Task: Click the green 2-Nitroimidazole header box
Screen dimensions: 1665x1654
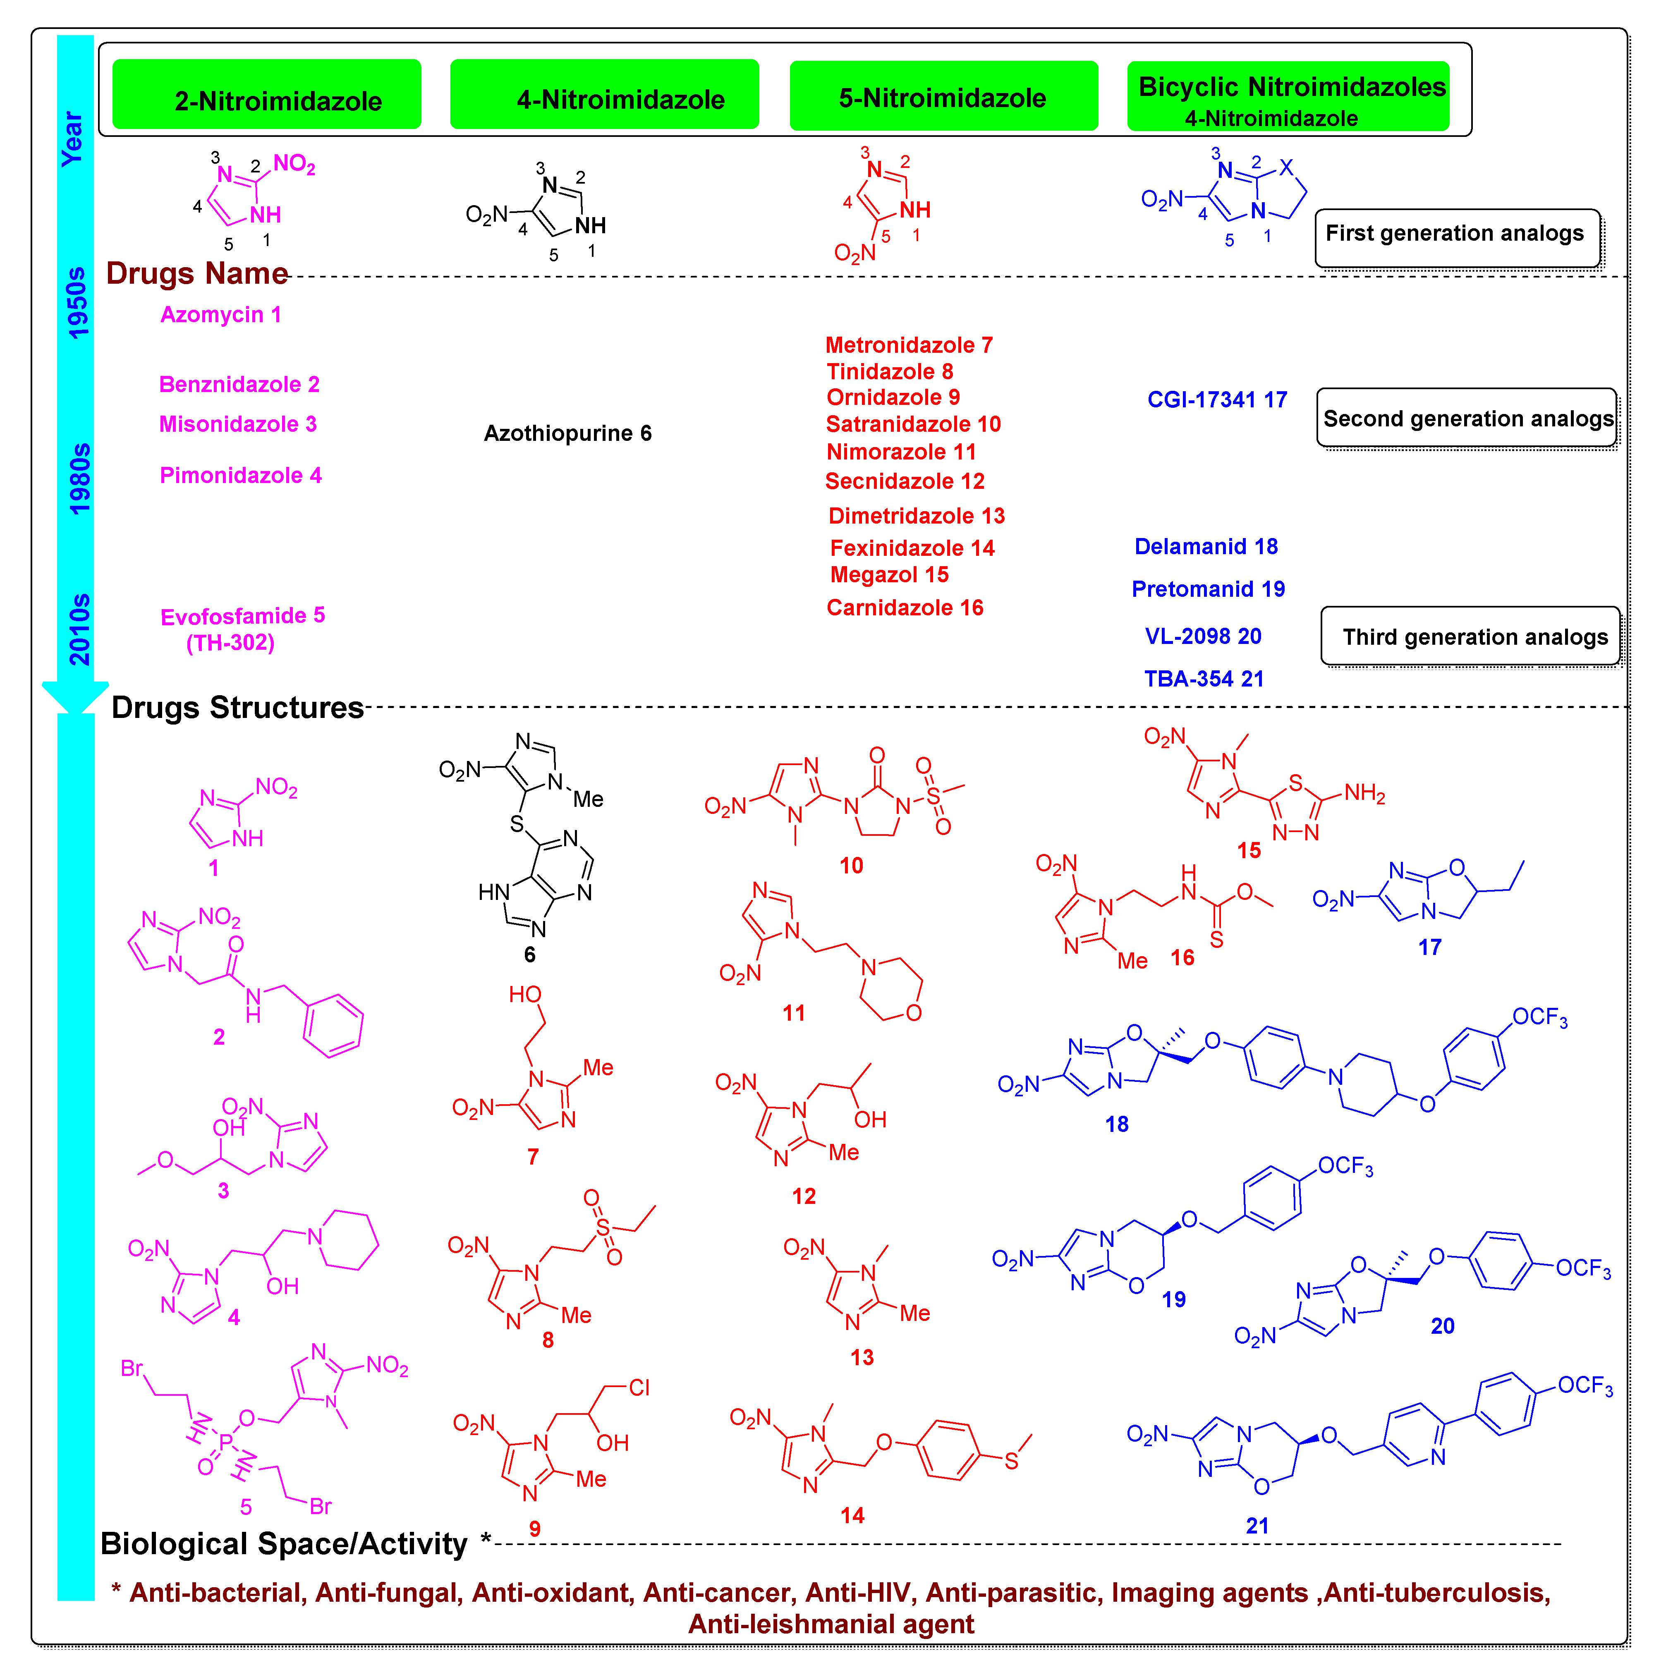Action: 266,95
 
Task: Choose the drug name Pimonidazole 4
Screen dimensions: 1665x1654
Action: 240,476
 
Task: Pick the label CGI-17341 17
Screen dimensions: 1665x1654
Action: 1216,400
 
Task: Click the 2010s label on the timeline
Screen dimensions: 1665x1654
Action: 79,629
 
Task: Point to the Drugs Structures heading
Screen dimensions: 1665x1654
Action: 237,708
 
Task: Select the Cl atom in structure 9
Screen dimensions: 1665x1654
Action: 639,1387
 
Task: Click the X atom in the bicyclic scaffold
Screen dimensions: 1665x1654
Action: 1286,167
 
